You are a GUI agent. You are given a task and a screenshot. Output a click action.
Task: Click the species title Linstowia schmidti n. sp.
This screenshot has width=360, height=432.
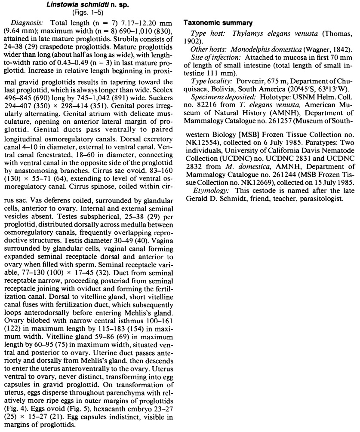pyautogui.click(x=89, y=4)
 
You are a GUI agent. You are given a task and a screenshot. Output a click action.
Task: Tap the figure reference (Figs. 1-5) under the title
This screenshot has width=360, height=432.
pyautogui.click(x=89, y=12)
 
